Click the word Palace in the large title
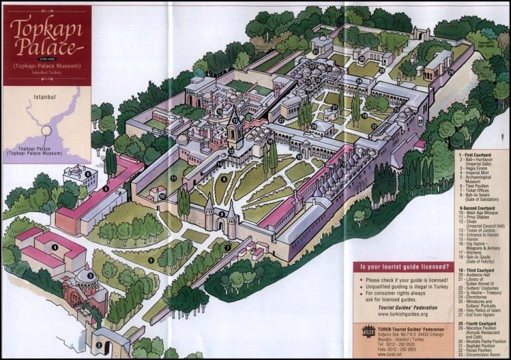47,47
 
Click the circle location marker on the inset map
47,128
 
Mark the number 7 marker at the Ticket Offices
227,248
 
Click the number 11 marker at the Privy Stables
174,179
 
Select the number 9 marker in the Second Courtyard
224,178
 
